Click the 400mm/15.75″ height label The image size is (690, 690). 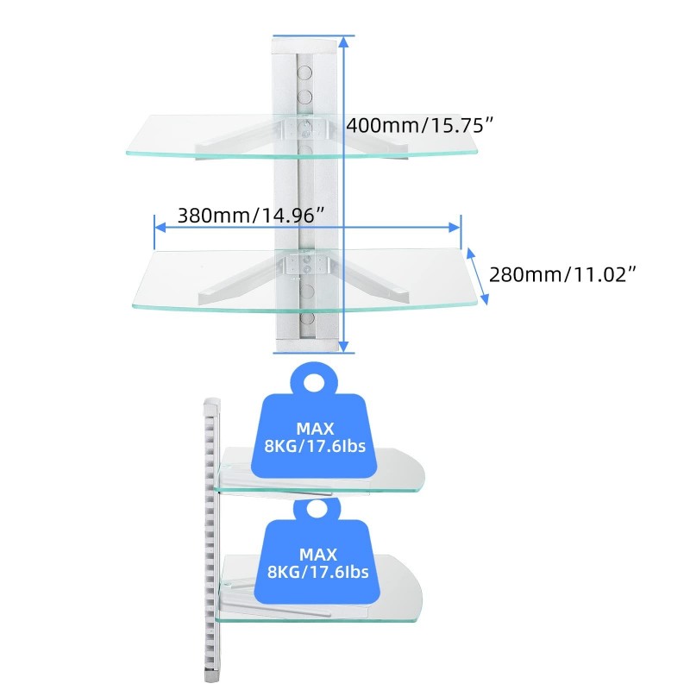point(419,125)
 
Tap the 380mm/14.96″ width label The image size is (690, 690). point(251,216)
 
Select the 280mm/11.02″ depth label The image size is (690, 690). point(562,274)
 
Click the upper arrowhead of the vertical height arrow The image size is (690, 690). point(344,41)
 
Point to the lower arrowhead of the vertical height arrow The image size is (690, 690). point(344,347)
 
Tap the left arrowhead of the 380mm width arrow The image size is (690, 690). point(160,227)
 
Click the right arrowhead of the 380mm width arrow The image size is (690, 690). point(455,227)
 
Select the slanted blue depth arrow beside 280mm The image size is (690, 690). point(478,276)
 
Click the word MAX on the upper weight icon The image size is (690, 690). point(315,429)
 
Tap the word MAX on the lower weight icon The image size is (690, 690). point(318,555)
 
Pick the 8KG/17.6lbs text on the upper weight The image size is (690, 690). point(315,446)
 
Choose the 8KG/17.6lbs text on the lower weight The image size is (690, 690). point(318,572)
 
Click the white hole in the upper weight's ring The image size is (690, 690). point(314,380)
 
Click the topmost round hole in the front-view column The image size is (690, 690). point(305,72)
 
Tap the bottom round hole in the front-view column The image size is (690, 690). point(307,318)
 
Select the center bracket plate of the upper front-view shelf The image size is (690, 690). point(305,128)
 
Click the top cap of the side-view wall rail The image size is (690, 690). point(212,403)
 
